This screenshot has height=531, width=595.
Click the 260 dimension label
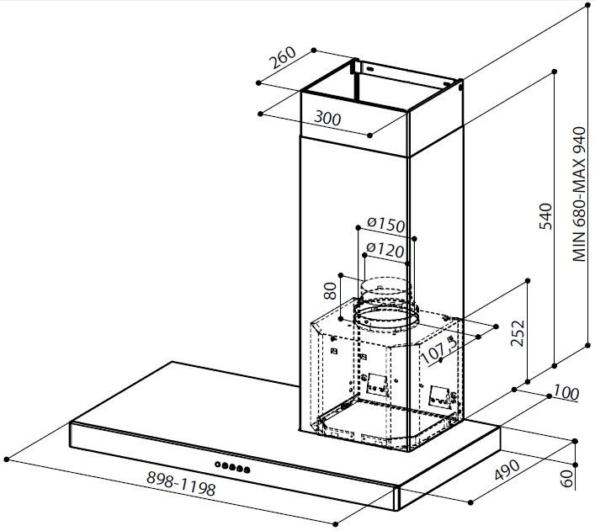click(x=284, y=62)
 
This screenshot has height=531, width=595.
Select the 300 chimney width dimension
click(x=327, y=119)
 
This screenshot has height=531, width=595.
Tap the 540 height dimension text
click(x=545, y=216)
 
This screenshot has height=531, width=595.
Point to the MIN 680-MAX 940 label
click(x=578, y=195)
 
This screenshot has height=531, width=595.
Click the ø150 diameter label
click(x=386, y=226)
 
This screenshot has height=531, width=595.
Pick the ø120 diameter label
click(x=386, y=250)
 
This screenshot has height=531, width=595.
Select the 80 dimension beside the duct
click(x=331, y=291)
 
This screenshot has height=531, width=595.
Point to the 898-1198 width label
click(x=182, y=484)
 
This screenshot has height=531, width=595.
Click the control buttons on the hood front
click(x=233, y=465)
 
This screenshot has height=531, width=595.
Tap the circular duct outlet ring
click(x=386, y=317)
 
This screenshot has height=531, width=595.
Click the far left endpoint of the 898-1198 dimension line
click(x=7, y=459)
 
